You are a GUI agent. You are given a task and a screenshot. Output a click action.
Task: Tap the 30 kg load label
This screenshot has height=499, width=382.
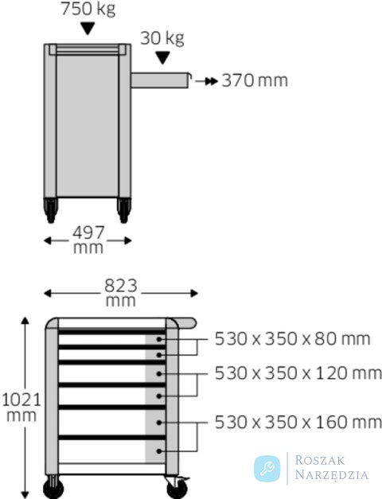162,38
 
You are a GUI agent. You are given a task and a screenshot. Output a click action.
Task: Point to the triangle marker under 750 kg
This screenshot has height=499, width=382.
88,29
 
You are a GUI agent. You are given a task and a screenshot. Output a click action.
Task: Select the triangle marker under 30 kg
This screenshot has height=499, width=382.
162,58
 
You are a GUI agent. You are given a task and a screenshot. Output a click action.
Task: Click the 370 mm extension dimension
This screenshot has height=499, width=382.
255,80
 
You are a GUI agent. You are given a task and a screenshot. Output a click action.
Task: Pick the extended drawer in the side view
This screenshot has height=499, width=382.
161,80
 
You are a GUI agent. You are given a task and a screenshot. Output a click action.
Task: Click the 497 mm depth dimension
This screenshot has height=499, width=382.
88,240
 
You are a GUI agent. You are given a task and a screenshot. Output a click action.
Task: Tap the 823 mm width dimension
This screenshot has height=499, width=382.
121,293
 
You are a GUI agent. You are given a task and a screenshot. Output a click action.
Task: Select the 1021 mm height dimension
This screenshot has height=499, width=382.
21,407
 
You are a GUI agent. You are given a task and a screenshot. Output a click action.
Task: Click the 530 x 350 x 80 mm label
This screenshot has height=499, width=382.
292,338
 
